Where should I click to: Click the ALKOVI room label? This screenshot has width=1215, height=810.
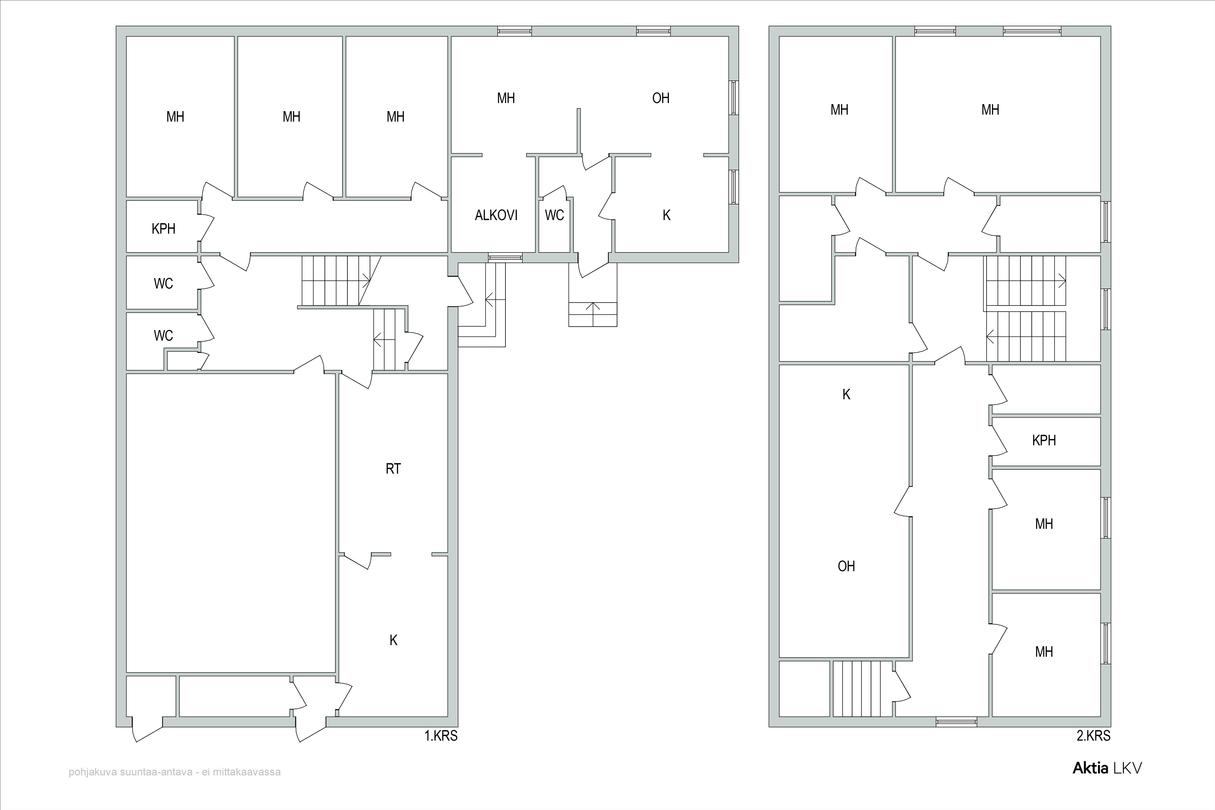(496, 215)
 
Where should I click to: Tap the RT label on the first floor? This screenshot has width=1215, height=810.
(393, 469)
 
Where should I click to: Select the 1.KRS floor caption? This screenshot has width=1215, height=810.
(441, 736)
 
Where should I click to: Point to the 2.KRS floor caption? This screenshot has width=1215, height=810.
(1093, 736)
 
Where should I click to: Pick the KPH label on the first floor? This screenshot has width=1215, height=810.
(163, 228)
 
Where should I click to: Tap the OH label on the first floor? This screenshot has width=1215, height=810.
(661, 98)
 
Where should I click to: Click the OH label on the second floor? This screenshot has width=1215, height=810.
(846, 566)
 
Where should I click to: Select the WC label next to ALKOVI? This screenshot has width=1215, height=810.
(554, 215)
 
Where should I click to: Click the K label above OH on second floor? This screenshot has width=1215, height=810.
(846, 395)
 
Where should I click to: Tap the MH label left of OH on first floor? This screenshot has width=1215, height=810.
(506, 98)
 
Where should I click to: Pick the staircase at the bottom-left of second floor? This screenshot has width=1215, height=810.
(862, 689)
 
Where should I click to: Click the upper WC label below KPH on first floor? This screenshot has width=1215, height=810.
(163, 283)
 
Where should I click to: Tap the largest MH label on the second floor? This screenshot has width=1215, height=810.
(990, 110)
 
